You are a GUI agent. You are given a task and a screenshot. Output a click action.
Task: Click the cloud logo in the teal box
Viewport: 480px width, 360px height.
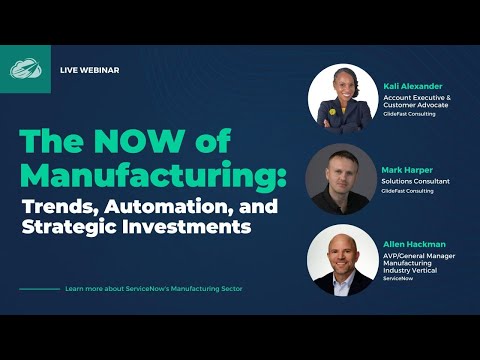(25, 69)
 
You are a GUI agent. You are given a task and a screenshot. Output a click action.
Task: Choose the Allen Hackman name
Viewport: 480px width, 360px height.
(413, 243)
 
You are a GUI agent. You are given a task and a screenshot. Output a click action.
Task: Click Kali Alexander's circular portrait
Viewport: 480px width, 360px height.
(343, 98)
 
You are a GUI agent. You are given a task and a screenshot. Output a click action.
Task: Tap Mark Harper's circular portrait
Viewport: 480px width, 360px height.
(340, 178)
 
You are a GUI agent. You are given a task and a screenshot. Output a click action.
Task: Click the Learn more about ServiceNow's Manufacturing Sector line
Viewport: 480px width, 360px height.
(153, 289)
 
